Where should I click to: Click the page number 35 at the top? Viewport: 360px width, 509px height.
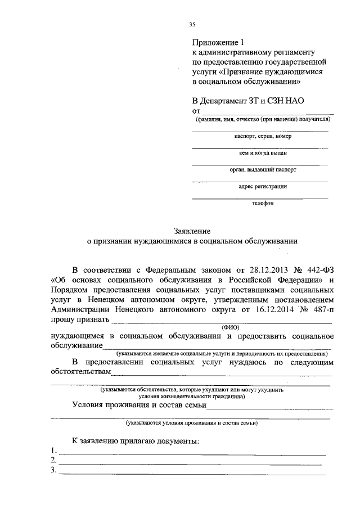click(192, 23)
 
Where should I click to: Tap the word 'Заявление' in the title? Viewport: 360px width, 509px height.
click(192, 230)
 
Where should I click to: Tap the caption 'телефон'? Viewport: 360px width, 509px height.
click(263, 204)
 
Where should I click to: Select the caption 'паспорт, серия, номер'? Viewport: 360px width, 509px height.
click(263, 136)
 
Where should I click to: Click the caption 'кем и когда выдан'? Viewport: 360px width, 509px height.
click(263, 153)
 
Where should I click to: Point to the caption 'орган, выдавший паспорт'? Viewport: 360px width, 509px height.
click(263, 169)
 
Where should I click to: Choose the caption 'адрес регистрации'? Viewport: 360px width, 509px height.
click(263, 186)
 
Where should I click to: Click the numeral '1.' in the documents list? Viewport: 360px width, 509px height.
click(53, 451)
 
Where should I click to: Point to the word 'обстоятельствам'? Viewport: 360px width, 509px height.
click(80, 373)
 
